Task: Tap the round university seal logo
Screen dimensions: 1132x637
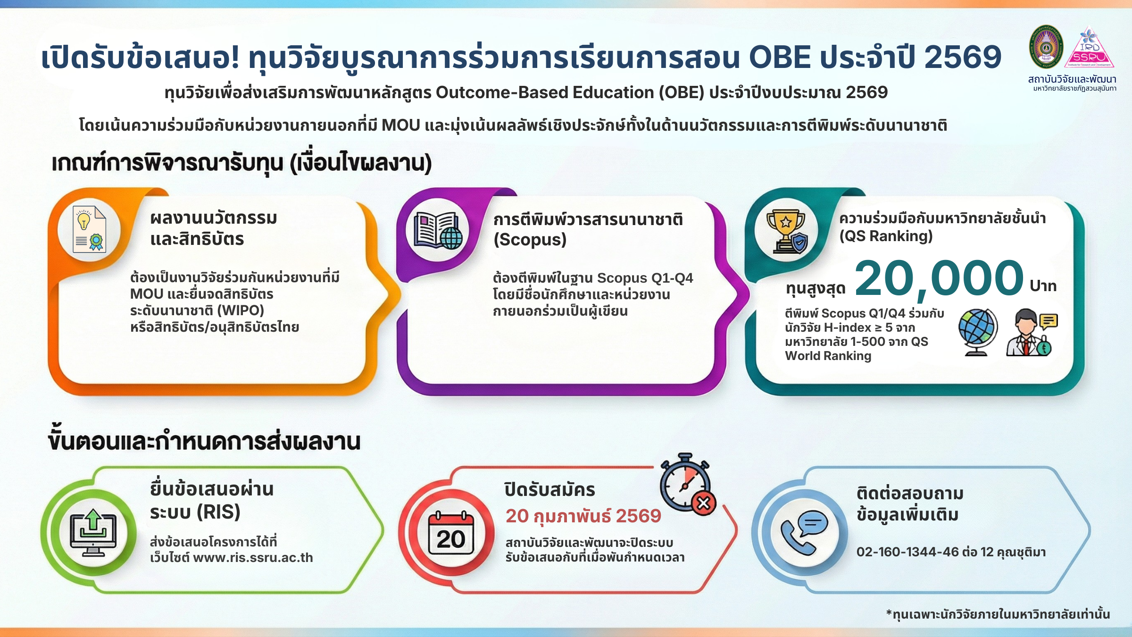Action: click(x=1046, y=47)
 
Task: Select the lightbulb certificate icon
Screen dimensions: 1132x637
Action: click(x=90, y=229)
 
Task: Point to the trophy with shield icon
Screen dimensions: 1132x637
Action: click(x=787, y=231)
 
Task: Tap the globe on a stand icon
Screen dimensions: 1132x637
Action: click(x=978, y=332)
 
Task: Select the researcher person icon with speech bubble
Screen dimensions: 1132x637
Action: click(x=1032, y=332)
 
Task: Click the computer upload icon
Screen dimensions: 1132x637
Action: click(x=93, y=532)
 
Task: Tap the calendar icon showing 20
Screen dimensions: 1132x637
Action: click(x=451, y=533)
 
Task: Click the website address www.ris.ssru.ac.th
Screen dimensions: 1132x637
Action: click(x=253, y=558)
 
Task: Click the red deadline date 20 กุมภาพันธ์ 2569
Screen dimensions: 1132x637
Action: click(x=583, y=517)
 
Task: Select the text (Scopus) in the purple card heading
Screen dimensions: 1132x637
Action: click(x=530, y=240)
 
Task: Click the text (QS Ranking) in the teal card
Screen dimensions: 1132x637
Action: click(x=886, y=236)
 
